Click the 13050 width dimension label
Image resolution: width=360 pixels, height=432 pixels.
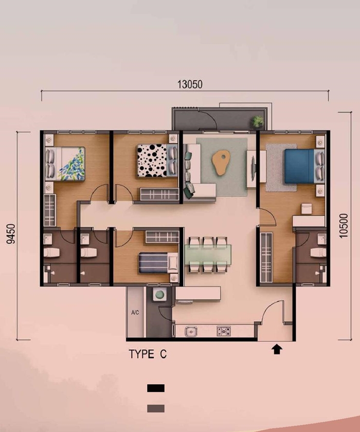190,84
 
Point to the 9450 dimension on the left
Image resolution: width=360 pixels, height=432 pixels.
11,234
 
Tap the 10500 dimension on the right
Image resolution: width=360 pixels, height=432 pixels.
344,226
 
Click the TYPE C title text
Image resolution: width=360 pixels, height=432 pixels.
148,354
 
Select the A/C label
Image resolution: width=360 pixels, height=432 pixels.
135,313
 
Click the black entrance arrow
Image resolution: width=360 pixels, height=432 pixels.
277,349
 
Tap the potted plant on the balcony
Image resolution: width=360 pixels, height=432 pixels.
258,121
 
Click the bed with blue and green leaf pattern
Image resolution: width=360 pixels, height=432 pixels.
65,164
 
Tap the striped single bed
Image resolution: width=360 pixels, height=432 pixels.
158,263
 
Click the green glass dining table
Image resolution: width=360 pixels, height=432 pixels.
208,255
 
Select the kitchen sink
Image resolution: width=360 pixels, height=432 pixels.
191,331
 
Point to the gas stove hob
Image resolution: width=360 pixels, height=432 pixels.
223,331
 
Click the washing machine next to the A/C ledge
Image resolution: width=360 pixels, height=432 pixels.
160,295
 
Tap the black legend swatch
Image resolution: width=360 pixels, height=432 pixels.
156,388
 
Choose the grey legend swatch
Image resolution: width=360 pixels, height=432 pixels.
156,408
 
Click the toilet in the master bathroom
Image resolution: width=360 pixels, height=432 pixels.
318,253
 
